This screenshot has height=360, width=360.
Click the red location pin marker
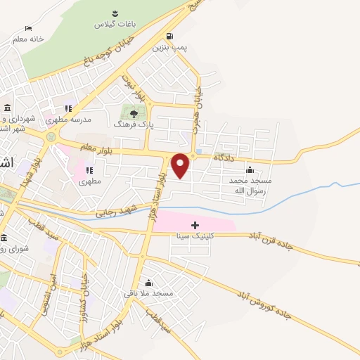[x=181, y=165]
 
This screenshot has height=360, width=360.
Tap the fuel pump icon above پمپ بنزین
[x=169, y=37]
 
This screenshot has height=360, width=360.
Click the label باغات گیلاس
[x=114, y=24]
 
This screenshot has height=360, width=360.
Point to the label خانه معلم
[x=29, y=39]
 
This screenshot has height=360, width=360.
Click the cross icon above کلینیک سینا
[x=195, y=225]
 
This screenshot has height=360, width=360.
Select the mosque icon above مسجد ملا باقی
[x=148, y=282]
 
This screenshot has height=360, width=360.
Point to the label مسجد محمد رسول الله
[x=250, y=185]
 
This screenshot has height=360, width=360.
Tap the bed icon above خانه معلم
[x=28, y=28]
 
